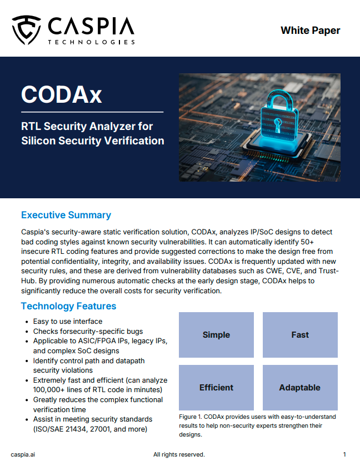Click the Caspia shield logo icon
click(26, 30)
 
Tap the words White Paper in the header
click(310, 31)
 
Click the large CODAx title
click(62, 95)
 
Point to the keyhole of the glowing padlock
click(278, 125)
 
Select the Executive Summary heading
click(66, 215)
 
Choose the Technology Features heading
click(68, 306)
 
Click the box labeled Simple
click(216, 334)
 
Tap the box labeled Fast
click(300, 334)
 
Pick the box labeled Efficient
click(216, 388)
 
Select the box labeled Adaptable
click(300, 388)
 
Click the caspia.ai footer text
click(23, 454)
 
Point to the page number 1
click(344, 454)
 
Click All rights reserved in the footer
click(179, 454)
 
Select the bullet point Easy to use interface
click(67, 321)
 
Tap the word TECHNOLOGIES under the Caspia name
click(92, 42)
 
